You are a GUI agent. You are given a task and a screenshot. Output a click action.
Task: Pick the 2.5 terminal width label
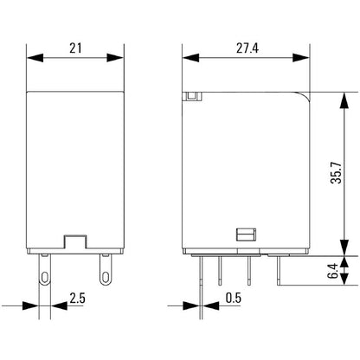(x=78, y=299)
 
